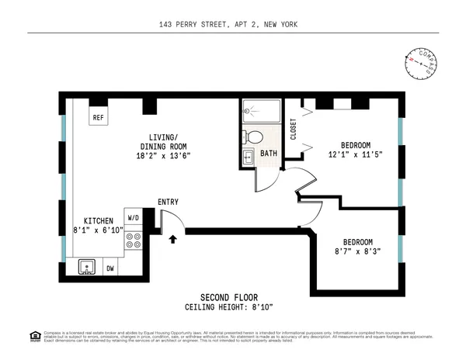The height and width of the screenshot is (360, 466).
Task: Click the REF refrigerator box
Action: pos(98,118)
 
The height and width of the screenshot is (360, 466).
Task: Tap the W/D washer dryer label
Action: pos(132,219)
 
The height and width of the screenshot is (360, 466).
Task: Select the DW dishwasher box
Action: pos(110,268)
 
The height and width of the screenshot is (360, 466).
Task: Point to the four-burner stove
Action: pos(132,243)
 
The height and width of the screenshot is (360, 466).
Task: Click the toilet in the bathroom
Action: pos(254,137)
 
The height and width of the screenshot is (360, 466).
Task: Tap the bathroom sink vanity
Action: pos(247,158)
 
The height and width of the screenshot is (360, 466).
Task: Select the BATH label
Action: pos(269,154)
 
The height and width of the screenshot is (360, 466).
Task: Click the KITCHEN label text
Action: pos(99,220)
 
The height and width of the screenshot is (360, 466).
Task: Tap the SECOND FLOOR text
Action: pos(228,297)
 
